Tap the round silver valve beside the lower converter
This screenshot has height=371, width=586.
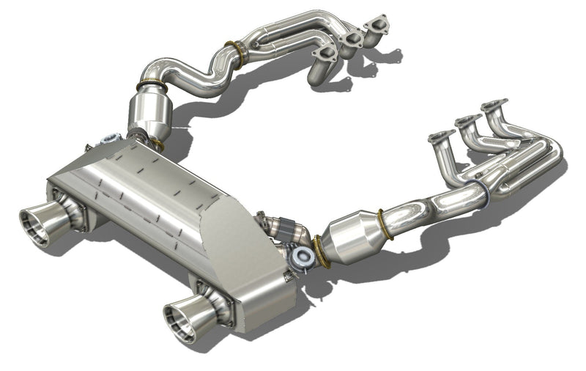[x=301, y=257]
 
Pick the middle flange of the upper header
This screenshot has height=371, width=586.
[x=354, y=37]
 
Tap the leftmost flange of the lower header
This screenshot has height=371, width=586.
[x=441, y=137]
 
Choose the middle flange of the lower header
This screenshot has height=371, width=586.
[x=468, y=121]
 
